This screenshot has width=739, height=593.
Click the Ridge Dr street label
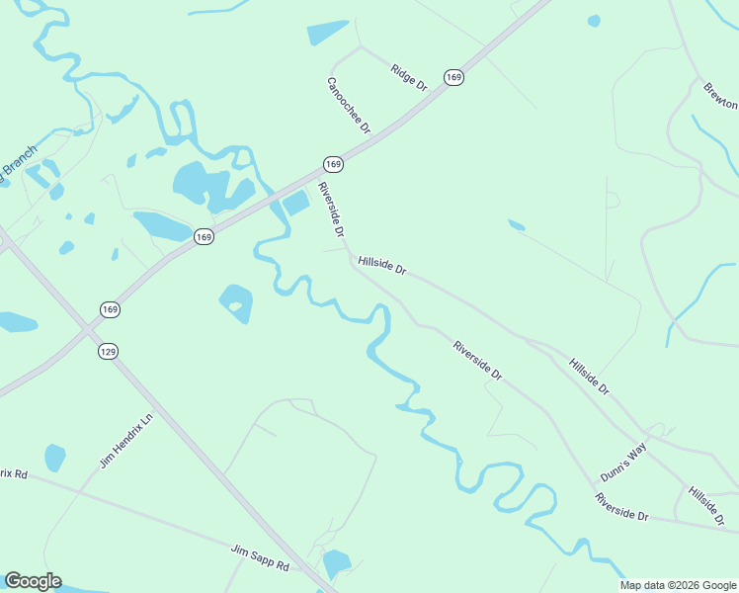click(x=408, y=78)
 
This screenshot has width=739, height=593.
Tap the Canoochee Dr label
click(x=349, y=106)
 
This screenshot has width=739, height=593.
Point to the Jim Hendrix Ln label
click(x=127, y=441)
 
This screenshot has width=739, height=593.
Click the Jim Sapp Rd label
click(x=260, y=557)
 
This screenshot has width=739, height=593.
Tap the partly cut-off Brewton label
click(x=720, y=96)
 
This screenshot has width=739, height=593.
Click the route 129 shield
click(x=109, y=351)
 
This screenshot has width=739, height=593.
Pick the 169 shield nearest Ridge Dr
click(x=453, y=77)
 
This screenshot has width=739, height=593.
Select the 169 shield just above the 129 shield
click(x=110, y=310)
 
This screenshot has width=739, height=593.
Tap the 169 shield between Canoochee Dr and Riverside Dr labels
click(x=333, y=163)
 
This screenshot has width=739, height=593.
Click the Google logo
click(x=33, y=581)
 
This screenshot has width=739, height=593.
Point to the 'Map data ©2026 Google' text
click(x=677, y=585)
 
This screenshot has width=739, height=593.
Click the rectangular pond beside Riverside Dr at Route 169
click(x=296, y=205)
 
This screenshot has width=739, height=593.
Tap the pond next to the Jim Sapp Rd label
click(x=337, y=563)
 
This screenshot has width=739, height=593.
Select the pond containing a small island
click(x=236, y=303)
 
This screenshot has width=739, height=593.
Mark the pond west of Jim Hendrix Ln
click(x=55, y=458)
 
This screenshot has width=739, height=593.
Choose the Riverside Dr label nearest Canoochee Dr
click(x=330, y=210)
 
